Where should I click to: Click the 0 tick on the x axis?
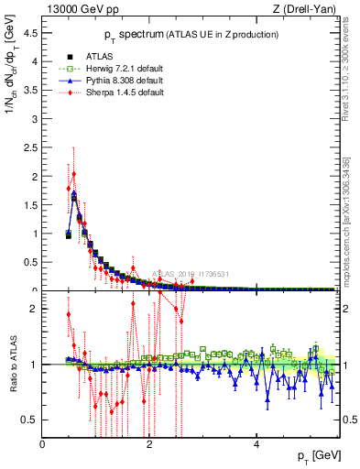click(x=43, y=444)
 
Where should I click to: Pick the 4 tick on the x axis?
click(x=256, y=444)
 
